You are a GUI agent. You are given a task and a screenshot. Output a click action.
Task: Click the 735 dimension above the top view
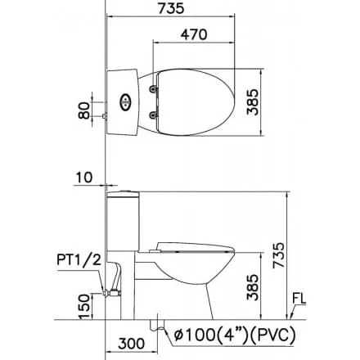tap(171, 8)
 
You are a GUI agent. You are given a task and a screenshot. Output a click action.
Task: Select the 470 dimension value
tap(194, 34)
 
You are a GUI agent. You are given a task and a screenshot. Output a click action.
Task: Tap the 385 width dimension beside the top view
tap(252, 101)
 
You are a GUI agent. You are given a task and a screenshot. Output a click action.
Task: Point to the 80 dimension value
tap(83, 110)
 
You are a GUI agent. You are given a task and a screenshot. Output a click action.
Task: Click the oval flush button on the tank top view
tap(125, 102)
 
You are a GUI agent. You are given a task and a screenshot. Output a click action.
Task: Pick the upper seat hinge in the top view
tap(153, 89)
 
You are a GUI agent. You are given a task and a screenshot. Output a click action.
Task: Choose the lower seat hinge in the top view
tap(153, 115)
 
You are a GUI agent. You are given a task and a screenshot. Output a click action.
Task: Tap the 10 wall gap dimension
tap(84, 178)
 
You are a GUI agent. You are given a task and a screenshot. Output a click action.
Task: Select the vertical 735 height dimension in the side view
tap(279, 255)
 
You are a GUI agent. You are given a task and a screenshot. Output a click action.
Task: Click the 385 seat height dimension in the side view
tap(252, 287)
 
